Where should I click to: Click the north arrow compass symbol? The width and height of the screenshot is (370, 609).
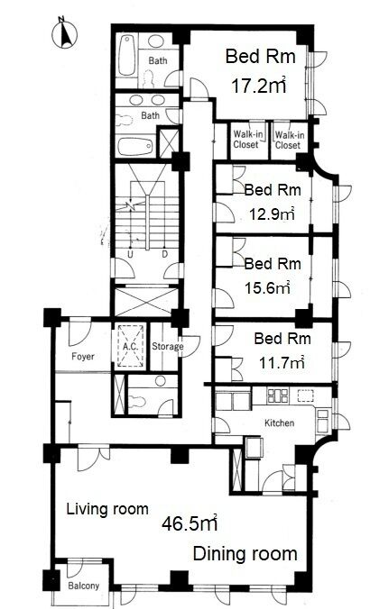64,33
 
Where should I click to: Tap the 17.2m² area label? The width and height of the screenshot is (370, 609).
259,86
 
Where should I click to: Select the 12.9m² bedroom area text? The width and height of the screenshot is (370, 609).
271,214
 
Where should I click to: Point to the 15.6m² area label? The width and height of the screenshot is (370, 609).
268,287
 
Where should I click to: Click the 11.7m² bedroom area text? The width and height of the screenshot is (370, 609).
282,363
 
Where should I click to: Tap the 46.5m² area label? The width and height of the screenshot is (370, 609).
190,523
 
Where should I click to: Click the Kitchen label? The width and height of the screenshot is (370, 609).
280,423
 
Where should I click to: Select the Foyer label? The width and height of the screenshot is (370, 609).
83,356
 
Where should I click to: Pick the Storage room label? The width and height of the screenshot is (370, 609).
167,347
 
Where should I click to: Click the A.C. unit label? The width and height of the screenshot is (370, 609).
131,347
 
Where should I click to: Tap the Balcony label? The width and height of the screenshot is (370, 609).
84,586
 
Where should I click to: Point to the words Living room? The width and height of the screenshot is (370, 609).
107,509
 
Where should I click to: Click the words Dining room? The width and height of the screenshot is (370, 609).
245,553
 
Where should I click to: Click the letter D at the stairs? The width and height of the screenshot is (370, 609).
164,254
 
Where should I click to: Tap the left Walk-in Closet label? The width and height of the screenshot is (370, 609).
246,140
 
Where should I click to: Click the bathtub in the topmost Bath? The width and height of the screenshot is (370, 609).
127,56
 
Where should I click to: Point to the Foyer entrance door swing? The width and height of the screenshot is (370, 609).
80,332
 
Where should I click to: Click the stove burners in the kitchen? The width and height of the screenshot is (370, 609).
278,395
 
